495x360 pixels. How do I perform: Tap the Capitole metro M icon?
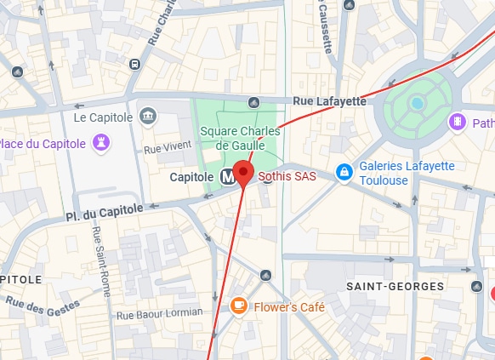tap(227, 177)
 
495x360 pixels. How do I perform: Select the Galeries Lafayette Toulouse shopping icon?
tap(344, 173)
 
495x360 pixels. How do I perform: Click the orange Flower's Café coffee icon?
tap(238, 306)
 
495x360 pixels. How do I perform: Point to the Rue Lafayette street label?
tap(329, 101)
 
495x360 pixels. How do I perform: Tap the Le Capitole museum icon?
tap(149, 116)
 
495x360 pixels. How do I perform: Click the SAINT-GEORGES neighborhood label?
tap(395, 287)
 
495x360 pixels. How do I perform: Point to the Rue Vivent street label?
tap(163, 149)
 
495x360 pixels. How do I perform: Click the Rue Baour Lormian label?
tap(159, 313)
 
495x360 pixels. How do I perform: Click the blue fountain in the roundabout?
tap(417, 103)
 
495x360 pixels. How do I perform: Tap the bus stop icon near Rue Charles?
tap(135, 64)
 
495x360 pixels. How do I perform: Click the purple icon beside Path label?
tap(458, 123)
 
